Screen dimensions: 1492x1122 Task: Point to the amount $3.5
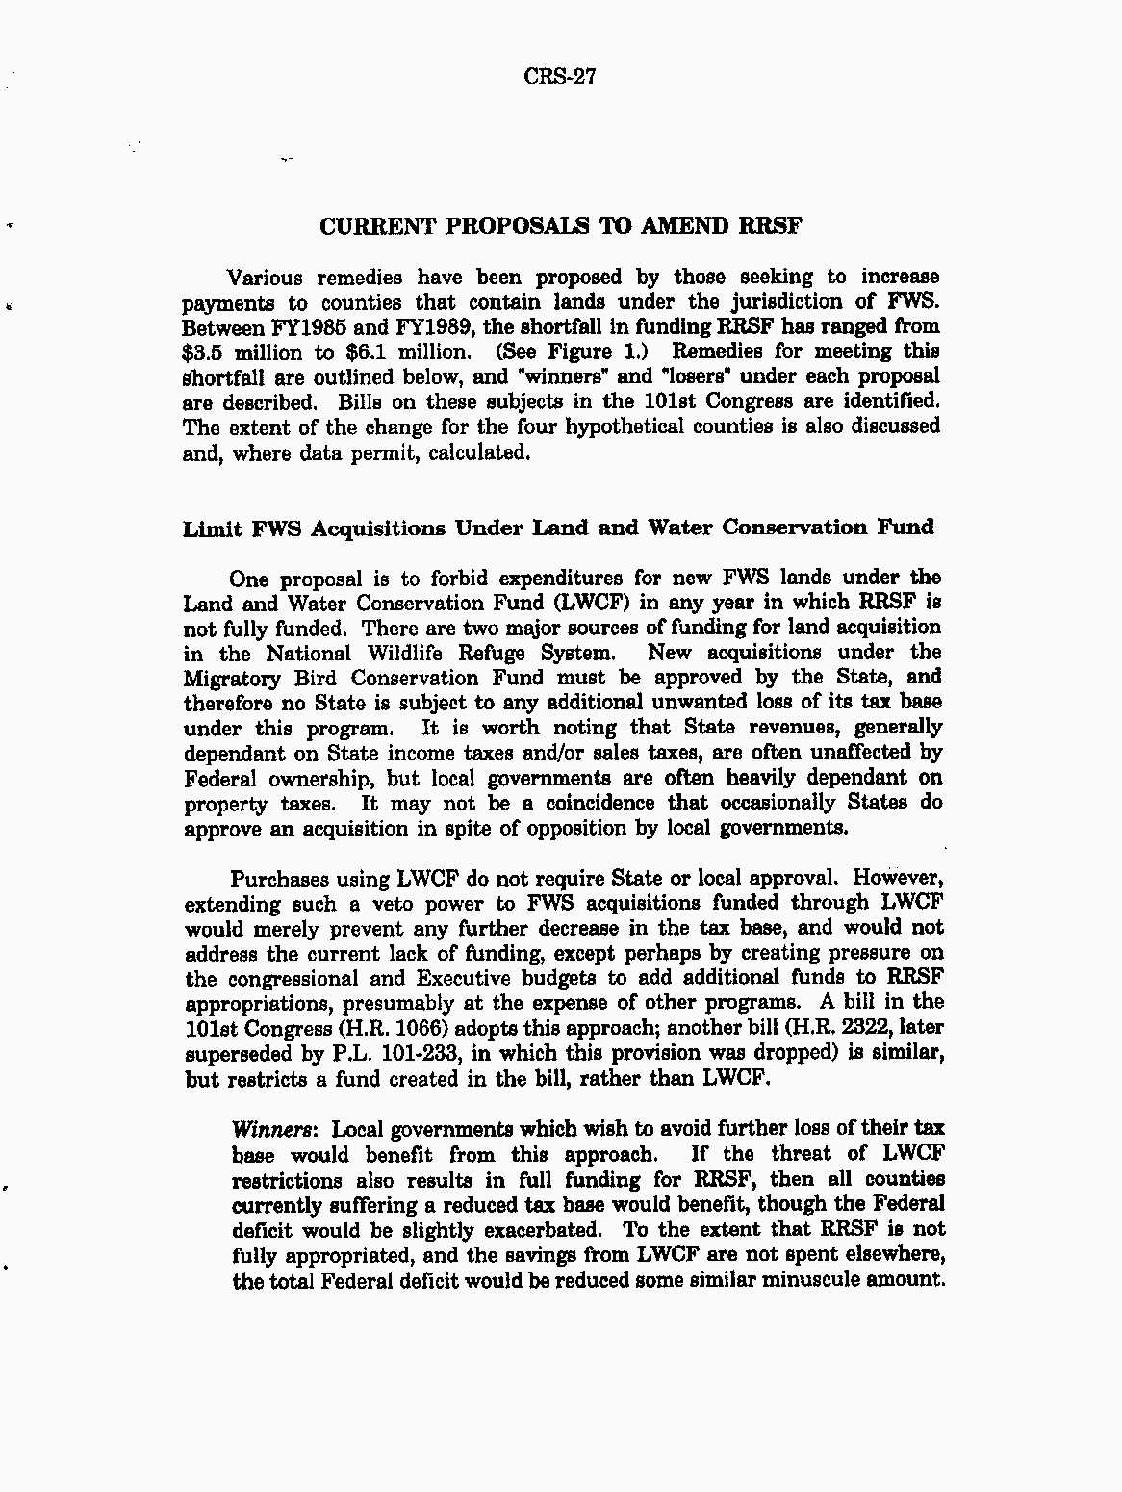click(202, 352)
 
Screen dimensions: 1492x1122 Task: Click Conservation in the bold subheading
click(794, 527)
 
